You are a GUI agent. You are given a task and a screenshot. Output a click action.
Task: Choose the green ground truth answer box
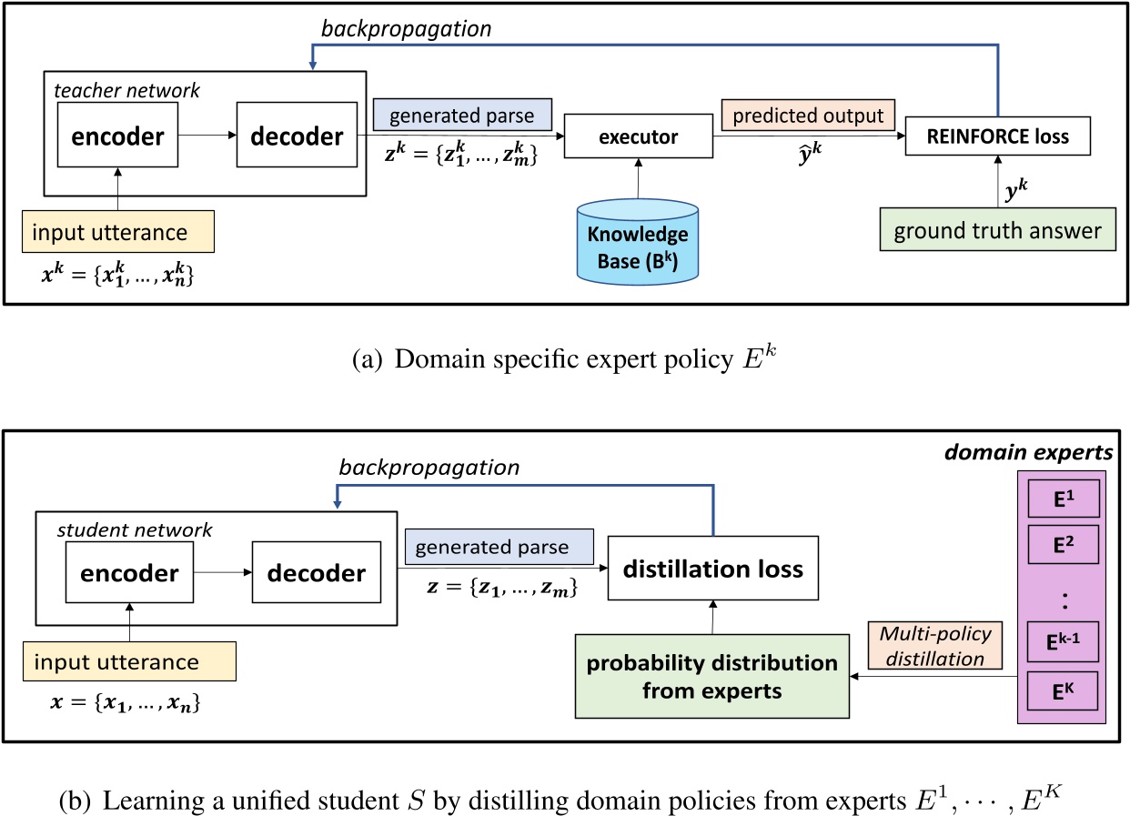(996, 231)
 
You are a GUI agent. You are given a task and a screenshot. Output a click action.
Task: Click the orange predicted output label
(808, 116)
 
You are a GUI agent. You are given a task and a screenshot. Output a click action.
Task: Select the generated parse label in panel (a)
(462, 116)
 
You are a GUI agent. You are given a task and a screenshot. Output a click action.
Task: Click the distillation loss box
(712, 569)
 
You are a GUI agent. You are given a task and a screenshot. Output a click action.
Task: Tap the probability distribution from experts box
(712, 676)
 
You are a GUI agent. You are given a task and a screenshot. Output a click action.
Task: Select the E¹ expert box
(1063, 499)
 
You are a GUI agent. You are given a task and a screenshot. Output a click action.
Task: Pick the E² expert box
(1063, 546)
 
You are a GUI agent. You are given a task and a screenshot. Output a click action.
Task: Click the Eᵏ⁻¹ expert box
(1063, 647)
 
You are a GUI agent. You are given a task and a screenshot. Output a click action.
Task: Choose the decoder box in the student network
(317, 573)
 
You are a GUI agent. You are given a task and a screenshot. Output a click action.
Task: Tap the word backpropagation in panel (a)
(406, 28)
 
